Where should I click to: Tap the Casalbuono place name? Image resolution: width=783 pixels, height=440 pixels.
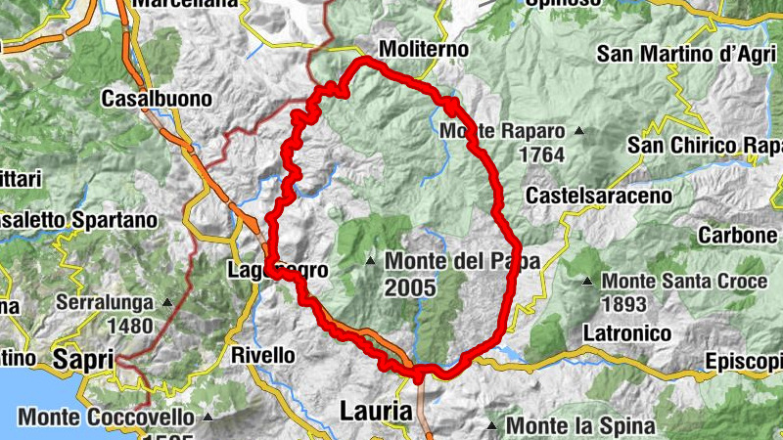click(157, 99)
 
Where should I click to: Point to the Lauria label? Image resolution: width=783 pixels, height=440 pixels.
click(376, 412)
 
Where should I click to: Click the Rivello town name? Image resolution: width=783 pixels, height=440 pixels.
click(262, 355)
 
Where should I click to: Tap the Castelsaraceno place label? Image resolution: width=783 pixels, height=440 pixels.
click(599, 196)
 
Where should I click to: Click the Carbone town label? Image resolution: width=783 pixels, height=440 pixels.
click(737, 236)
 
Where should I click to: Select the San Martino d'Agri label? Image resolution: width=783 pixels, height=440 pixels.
click(685, 54)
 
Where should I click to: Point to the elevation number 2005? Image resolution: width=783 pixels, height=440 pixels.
click(413, 287)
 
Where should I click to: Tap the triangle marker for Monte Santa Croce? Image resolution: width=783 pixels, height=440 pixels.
click(587, 282)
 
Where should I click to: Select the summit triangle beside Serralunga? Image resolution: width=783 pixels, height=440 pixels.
click(166, 302)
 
